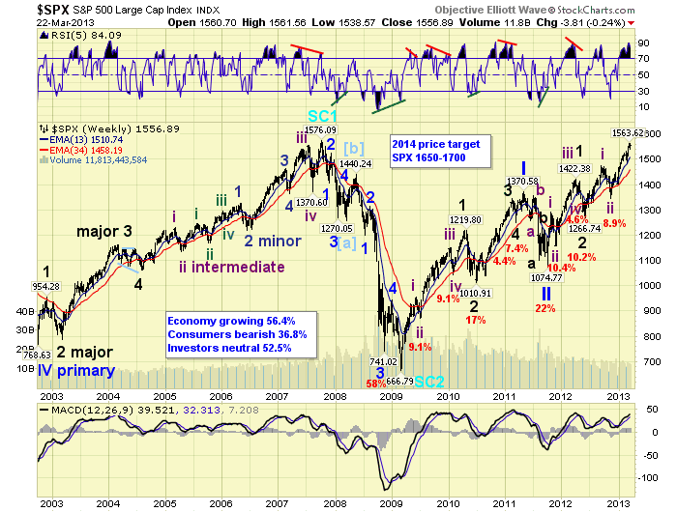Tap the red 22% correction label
545,308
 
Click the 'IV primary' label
73,370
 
